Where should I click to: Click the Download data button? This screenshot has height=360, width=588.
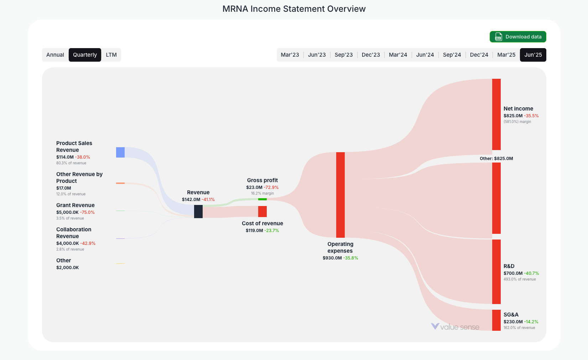coord(517,37)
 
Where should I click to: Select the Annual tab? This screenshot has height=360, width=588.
coord(55,55)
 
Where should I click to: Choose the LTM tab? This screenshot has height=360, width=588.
coord(111,55)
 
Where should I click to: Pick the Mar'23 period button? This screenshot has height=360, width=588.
coord(290,55)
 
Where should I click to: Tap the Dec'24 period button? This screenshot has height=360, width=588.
coord(479,55)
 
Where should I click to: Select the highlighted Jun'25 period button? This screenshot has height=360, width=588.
coord(533,55)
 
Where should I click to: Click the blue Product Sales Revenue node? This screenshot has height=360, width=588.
coord(120,152)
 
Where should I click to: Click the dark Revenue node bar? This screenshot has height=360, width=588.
coord(198,211)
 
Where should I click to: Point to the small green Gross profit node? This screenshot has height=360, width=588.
coord(262,199)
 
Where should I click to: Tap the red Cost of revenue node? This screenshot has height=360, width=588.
coord(262,211)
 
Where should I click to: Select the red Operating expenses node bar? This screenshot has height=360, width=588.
coord(340,195)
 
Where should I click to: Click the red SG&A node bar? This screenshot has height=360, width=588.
coord(496,320)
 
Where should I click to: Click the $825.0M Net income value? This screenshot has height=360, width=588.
coord(513,116)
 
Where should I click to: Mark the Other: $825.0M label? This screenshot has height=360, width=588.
coord(496,159)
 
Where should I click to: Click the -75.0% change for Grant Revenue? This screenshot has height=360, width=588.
coord(87,212)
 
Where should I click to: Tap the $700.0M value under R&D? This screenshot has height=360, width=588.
coord(513,273)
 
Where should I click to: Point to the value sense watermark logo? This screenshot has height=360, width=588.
coord(455,327)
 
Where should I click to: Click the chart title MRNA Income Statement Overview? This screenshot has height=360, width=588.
coord(294,9)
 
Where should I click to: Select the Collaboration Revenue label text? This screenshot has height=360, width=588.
coord(74,233)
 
